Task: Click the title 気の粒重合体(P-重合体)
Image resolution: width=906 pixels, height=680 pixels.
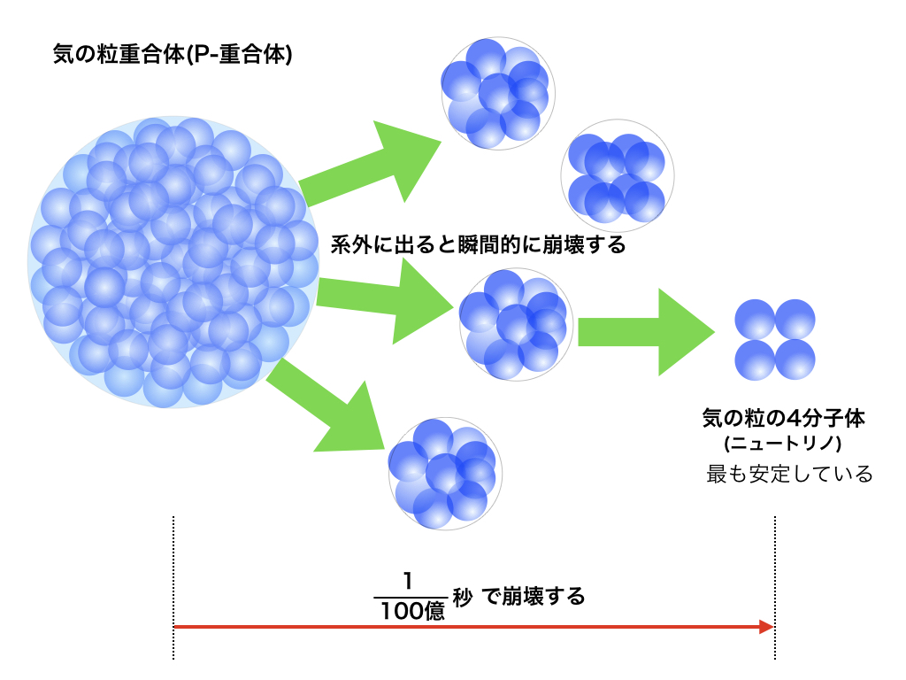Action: tap(173, 55)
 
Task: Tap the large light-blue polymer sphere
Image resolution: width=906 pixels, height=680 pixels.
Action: tap(173, 261)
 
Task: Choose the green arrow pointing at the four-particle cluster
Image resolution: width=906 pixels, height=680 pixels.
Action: tap(646, 333)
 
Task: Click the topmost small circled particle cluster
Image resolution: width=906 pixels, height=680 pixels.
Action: tap(498, 93)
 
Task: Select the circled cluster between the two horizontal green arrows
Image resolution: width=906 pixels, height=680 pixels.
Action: tap(516, 325)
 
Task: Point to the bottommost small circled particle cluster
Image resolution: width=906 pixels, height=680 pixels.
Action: tap(445, 474)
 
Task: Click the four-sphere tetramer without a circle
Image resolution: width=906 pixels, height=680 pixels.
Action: tap(775, 337)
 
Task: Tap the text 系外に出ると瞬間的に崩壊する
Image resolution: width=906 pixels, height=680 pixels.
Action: tap(478, 244)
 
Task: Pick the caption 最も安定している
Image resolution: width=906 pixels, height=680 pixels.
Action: tap(789, 474)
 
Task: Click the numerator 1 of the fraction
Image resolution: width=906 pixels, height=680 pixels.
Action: tap(408, 581)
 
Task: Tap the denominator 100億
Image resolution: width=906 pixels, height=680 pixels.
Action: tap(410, 611)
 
